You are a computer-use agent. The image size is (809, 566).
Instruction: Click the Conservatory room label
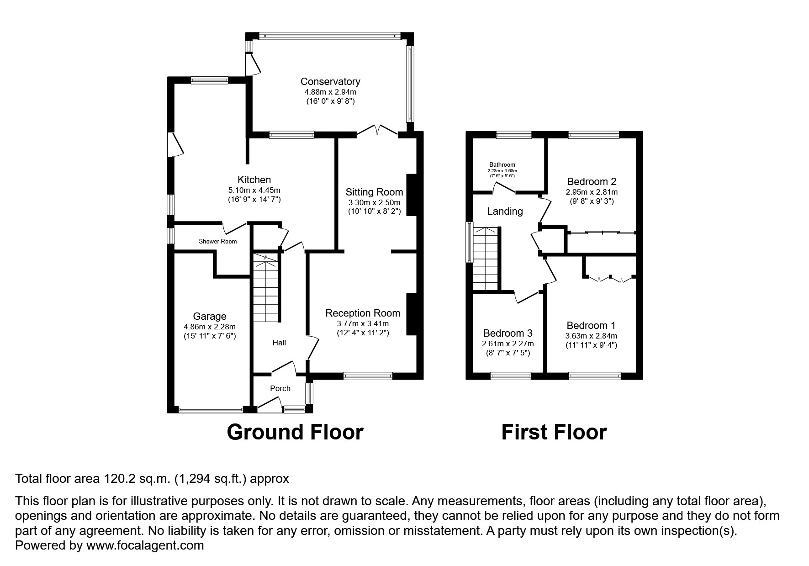pos(330,81)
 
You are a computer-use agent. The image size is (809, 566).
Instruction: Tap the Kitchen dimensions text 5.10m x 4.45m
pos(254,190)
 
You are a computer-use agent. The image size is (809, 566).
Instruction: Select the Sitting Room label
pos(374,192)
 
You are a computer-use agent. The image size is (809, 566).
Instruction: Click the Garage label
pos(209,316)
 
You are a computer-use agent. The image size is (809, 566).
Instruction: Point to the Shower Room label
pos(217,241)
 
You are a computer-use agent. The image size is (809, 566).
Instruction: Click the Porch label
pos(280,388)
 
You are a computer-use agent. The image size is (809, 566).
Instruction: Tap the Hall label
pos(279,343)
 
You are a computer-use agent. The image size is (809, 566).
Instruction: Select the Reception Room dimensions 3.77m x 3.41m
pos(363,323)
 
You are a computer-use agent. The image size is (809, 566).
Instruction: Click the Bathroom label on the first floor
pos(502,164)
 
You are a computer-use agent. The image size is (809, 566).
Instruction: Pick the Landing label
pos(505,211)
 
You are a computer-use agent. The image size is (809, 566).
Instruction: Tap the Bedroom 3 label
pos(508,333)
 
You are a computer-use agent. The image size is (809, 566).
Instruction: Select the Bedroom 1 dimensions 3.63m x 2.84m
pos(591,336)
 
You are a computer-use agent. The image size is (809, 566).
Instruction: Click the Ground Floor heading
pos(295,432)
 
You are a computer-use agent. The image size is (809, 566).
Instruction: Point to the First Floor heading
pos(554,432)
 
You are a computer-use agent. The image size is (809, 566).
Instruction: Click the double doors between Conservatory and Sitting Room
pos(377,131)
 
